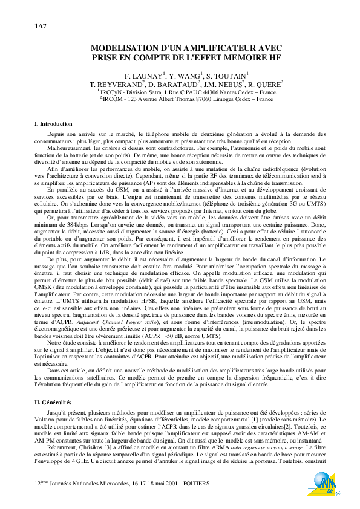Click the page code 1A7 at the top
(x=39, y=27)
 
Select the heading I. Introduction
(x=54, y=123)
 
